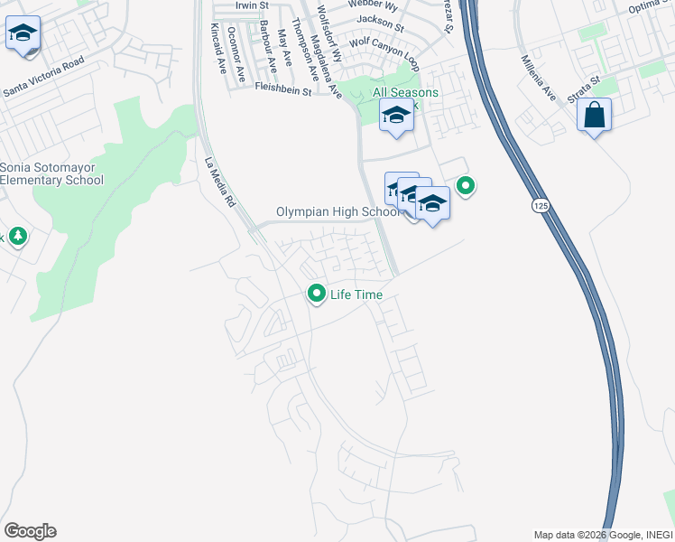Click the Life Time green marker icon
tap(317, 294)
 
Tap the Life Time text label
tap(356, 294)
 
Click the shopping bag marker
tap(594, 115)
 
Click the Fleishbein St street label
tap(282, 90)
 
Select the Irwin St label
tap(252, 5)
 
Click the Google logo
tap(30, 531)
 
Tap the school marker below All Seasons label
tap(395, 117)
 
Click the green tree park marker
tap(17, 237)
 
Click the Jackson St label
tap(380, 19)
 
